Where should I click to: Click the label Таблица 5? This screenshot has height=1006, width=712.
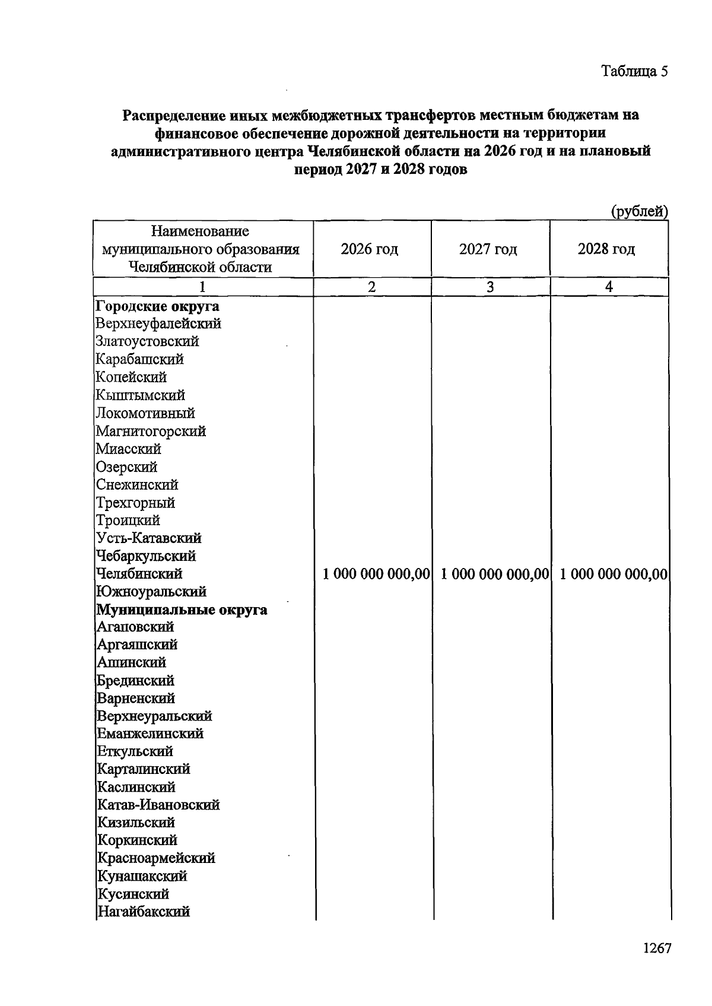tap(635, 71)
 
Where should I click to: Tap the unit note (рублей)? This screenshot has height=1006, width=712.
tap(640, 211)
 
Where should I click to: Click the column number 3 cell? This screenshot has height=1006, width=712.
tap(490, 287)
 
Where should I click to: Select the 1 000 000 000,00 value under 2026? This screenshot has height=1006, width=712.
tap(376, 574)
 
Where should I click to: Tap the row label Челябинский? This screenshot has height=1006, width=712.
tap(139, 574)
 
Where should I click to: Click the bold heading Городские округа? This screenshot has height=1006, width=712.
tap(158, 306)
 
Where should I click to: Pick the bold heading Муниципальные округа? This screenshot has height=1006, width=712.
tap(182, 610)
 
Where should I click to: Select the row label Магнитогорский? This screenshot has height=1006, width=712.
tap(151, 431)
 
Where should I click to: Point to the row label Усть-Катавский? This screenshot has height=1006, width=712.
tap(149, 538)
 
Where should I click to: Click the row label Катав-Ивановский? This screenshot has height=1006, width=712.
tap(158, 805)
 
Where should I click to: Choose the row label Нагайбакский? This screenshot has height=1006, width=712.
tap(144, 912)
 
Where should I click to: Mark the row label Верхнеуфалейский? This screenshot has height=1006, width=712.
tap(158, 324)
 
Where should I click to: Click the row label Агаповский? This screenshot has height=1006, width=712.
tap(135, 627)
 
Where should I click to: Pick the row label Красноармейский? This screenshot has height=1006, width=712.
tap(156, 858)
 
